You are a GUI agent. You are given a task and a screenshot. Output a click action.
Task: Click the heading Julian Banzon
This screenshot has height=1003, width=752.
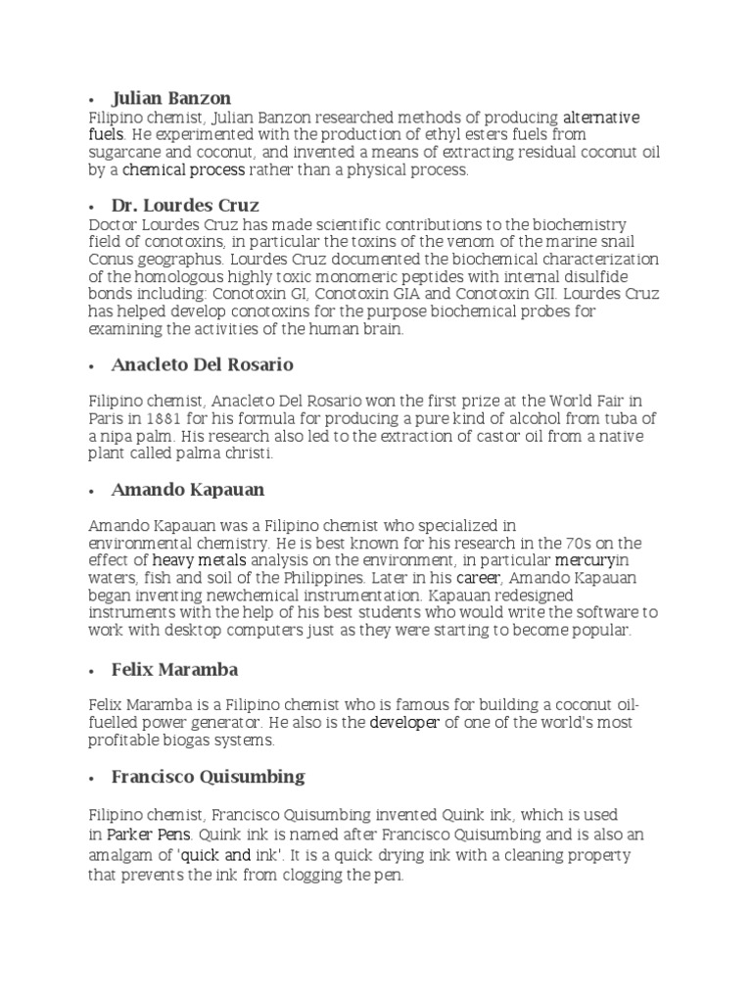[x=171, y=98]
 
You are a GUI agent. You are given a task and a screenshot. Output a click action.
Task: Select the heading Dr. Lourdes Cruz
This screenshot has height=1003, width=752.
[x=185, y=206]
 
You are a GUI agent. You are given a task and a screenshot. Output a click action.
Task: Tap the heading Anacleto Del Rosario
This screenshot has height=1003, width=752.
[x=203, y=364]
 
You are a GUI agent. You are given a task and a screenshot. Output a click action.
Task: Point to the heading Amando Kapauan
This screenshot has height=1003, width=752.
[x=188, y=489]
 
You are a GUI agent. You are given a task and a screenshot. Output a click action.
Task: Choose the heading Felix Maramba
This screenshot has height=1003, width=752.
[x=175, y=670]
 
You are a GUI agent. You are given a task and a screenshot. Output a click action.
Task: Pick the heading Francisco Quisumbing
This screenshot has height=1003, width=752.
[x=208, y=777]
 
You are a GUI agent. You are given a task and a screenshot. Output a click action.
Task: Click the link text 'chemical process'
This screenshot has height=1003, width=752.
[x=183, y=170]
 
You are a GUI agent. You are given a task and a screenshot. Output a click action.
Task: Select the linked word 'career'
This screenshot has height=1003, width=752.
[x=478, y=578]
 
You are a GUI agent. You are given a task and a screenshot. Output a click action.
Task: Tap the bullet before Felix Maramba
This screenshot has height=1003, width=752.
[x=90, y=672]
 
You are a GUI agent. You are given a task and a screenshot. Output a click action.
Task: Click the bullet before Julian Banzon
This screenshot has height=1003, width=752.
[x=90, y=100]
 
